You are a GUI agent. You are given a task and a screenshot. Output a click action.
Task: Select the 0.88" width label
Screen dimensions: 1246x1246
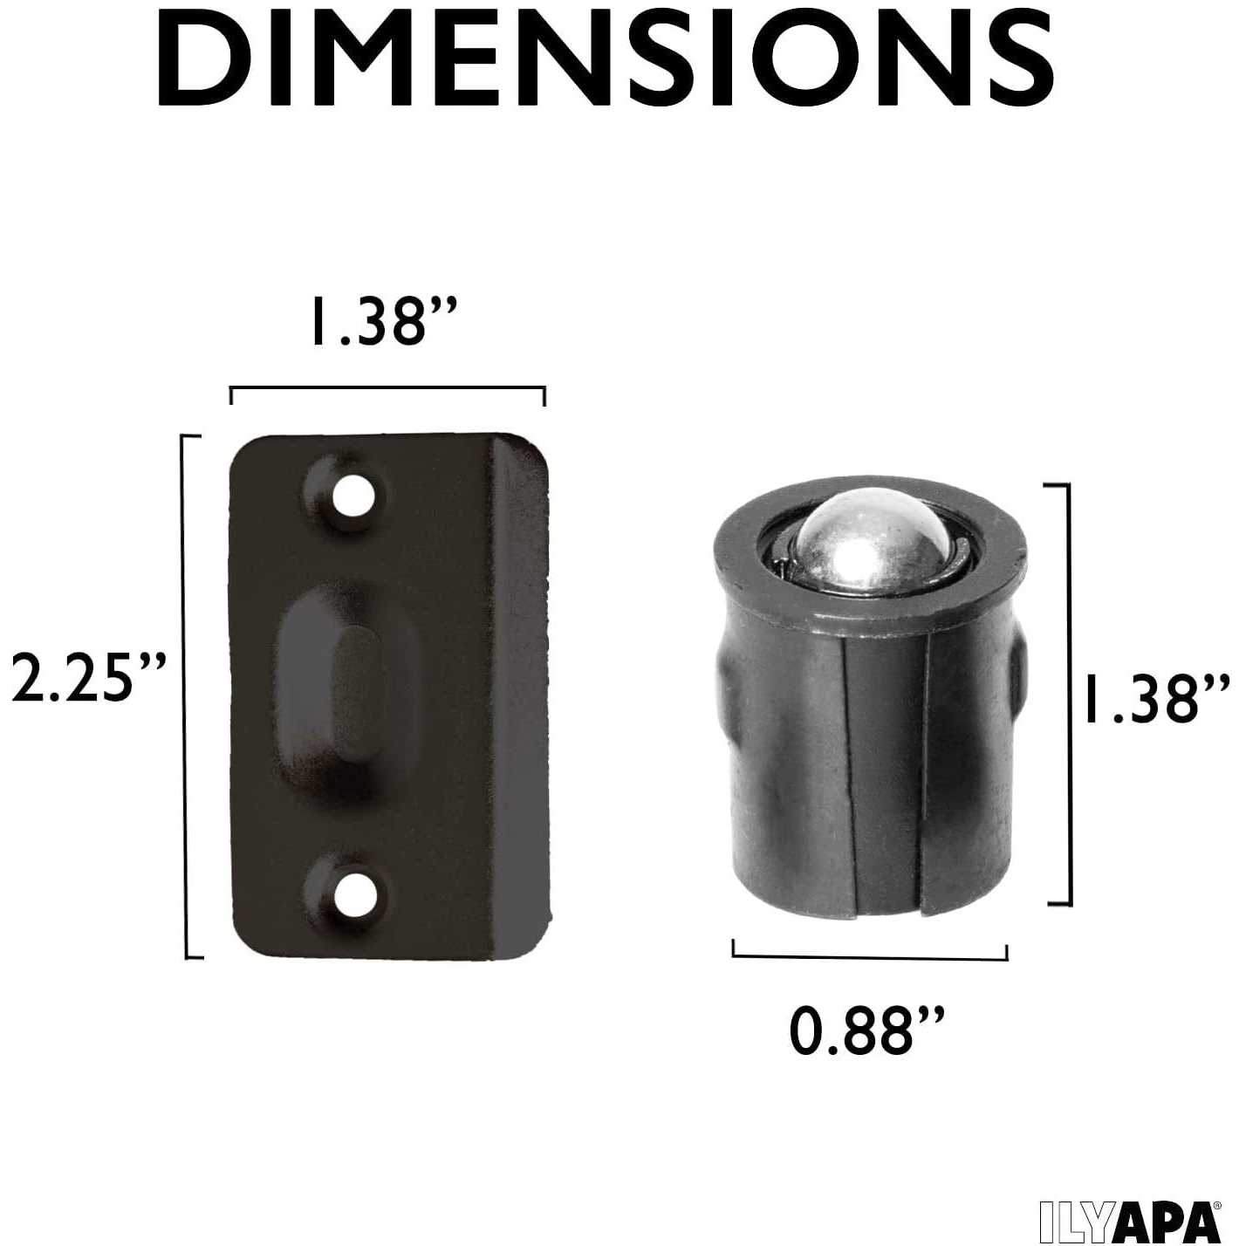click(x=866, y=1030)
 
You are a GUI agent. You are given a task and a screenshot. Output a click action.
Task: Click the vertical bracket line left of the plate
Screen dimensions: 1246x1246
click(x=188, y=695)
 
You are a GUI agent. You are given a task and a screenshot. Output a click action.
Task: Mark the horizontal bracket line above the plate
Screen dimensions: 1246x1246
click(x=387, y=388)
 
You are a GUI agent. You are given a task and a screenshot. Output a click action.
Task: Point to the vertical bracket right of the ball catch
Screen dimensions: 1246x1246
click(x=1066, y=694)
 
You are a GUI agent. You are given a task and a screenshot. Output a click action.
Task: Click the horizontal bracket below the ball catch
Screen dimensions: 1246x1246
click(x=870, y=955)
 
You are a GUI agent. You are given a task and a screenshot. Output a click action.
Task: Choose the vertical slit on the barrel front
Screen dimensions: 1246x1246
click(x=925, y=785)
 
